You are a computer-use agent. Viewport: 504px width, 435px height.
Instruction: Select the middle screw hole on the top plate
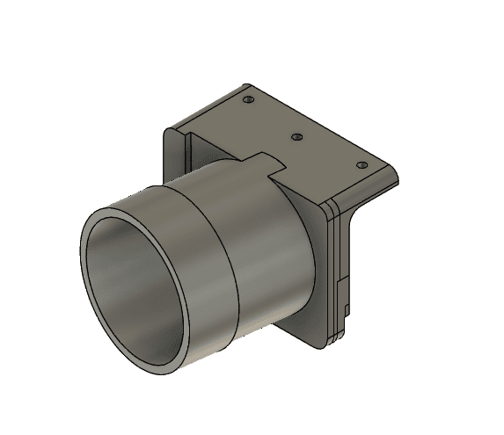click(x=297, y=137)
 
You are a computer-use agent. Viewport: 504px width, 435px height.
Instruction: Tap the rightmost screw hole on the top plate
click(x=361, y=164)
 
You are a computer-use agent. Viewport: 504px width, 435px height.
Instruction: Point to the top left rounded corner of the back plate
click(x=170, y=131)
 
